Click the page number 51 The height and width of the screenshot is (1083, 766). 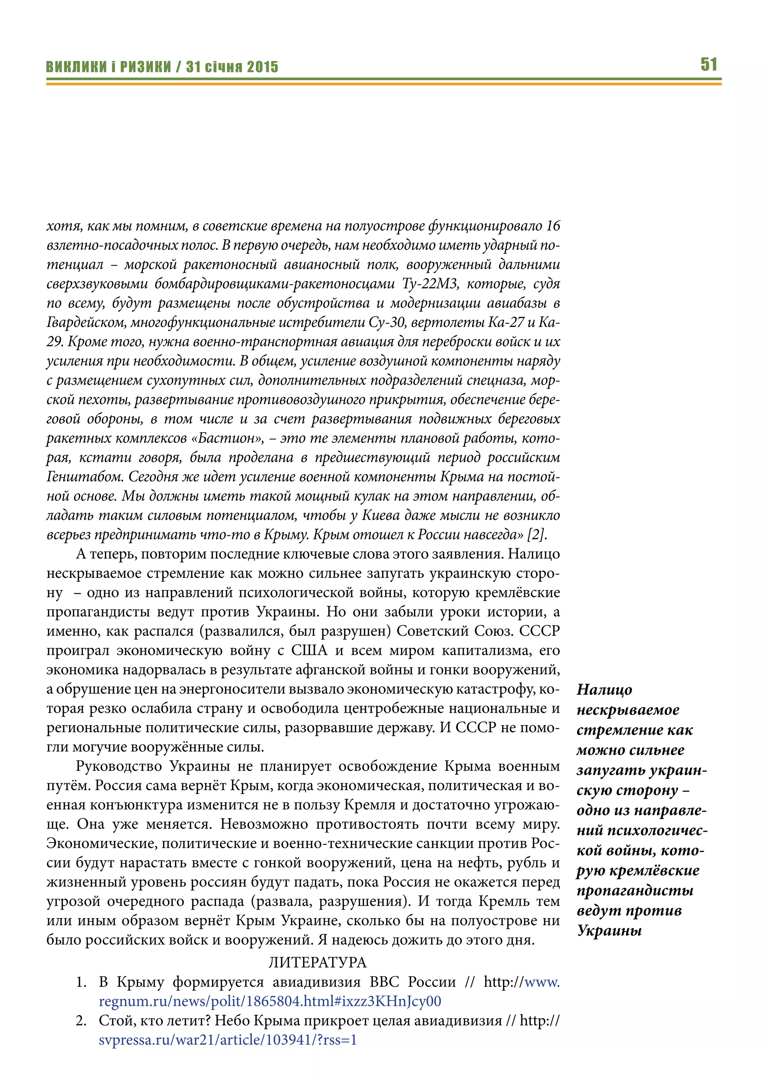(x=708, y=64)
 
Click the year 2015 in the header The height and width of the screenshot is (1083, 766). (x=263, y=67)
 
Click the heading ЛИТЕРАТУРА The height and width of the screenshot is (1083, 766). (x=318, y=962)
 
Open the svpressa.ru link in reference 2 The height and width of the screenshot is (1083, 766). (x=228, y=1040)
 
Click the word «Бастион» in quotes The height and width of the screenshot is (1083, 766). (x=227, y=438)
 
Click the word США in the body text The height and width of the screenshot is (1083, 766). (x=309, y=650)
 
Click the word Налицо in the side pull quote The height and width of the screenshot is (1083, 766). (x=604, y=690)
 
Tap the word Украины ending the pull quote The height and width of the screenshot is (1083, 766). (x=609, y=931)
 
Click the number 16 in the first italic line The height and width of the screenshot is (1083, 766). (x=553, y=226)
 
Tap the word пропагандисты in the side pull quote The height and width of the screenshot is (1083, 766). (x=635, y=890)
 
